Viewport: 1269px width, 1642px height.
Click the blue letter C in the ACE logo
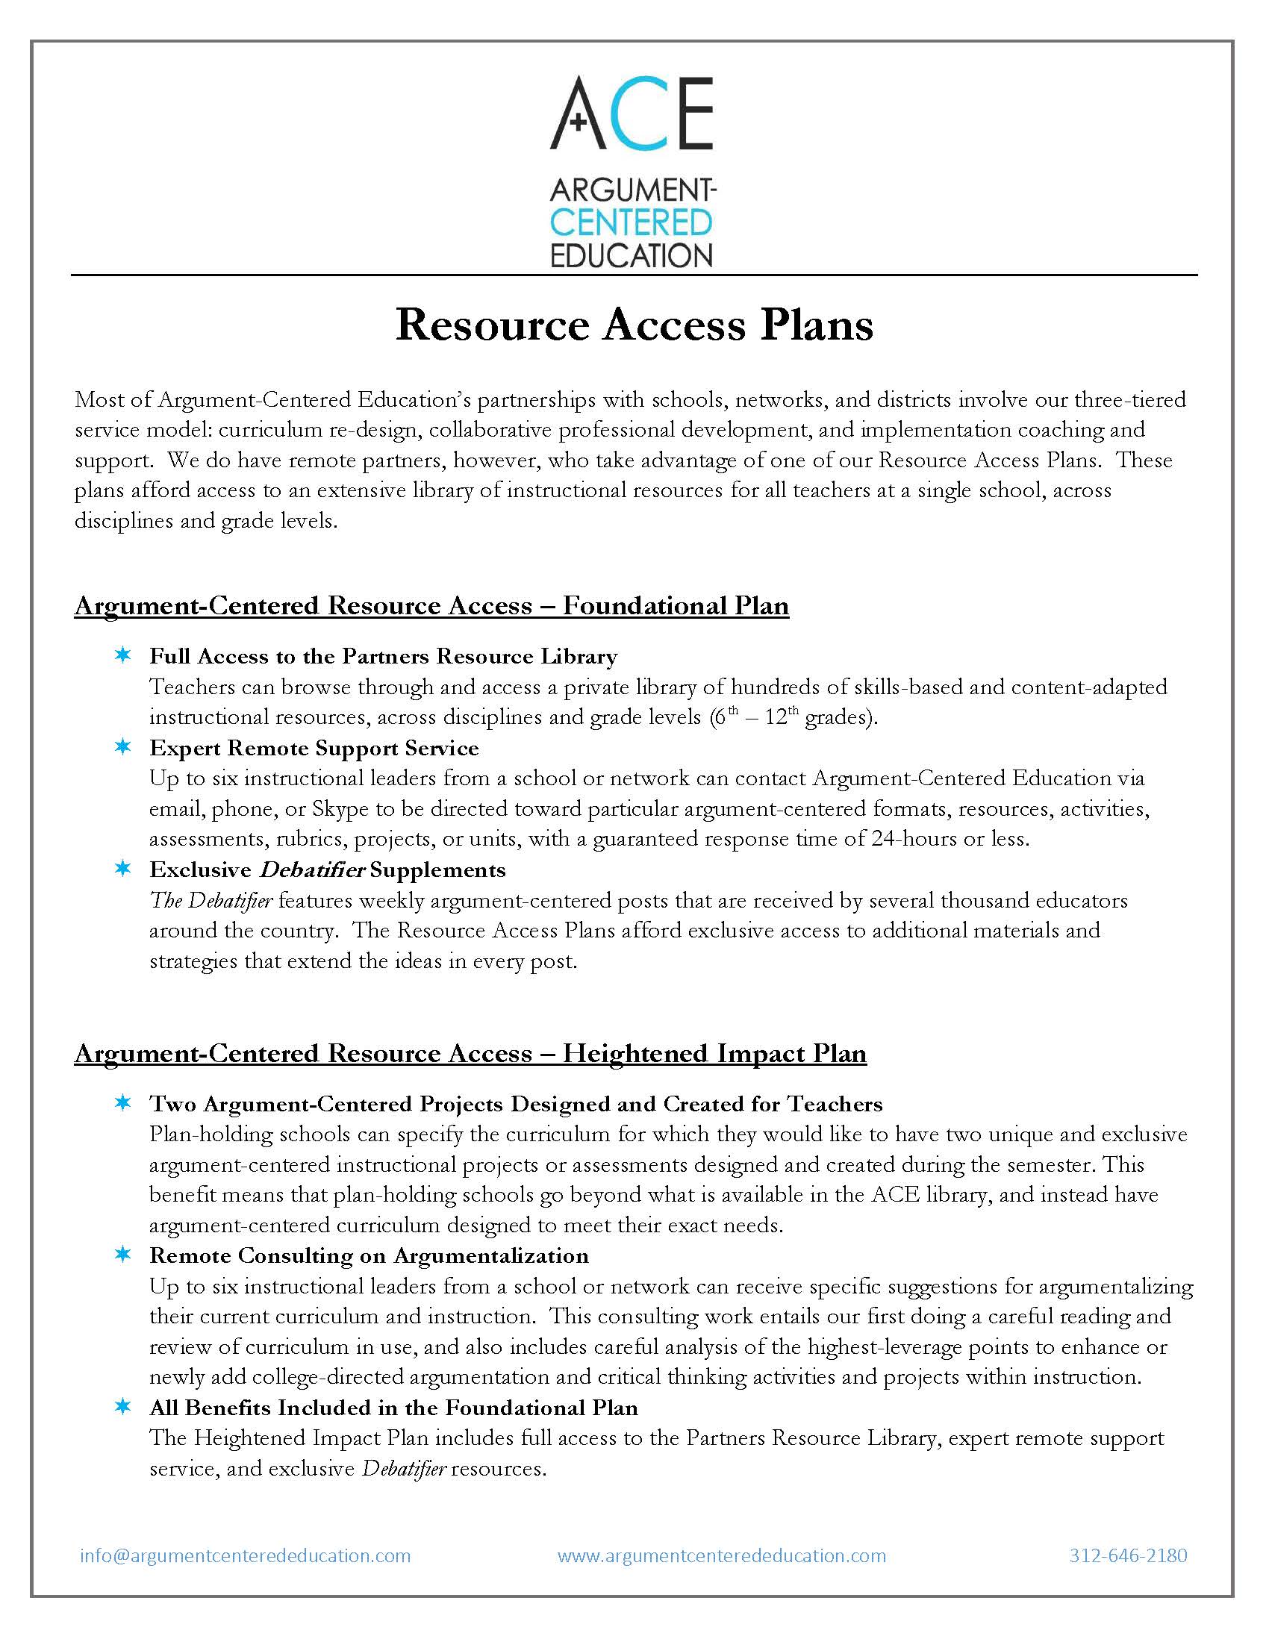634,113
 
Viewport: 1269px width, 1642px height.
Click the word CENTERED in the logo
632,222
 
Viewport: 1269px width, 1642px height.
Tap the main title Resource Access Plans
634,325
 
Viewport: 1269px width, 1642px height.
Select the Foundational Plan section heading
431,605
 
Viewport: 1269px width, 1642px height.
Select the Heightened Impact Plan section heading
470,1052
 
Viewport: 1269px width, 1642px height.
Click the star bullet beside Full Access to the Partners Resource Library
122,656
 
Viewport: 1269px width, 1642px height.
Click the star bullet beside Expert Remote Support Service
122,747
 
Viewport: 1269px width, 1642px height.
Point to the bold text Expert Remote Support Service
314,748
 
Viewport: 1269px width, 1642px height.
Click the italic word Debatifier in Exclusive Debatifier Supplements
311,870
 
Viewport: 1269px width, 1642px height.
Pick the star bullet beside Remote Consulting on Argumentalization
122,1255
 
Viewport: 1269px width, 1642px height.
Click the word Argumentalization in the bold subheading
491,1255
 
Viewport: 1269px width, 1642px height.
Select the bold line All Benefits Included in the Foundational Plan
393,1408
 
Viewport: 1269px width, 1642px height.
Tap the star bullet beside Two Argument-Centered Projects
122,1103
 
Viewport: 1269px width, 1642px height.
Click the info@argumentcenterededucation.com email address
245,1555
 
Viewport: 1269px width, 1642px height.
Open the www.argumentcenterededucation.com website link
722,1555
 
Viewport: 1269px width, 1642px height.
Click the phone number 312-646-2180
1128,1555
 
